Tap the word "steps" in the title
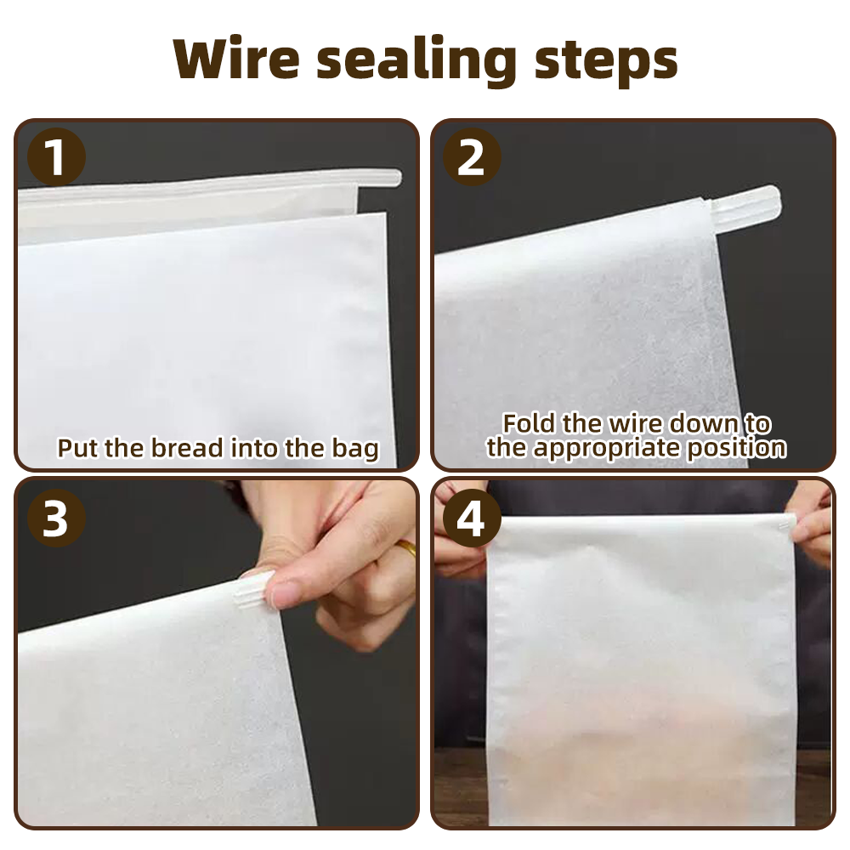pyautogui.click(x=605, y=61)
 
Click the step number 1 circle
pyautogui.click(x=56, y=157)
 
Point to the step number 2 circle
pyautogui.click(x=472, y=157)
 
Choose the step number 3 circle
pyautogui.click(x=56, y=518)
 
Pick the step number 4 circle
pyautogui.click(x=472, y=518)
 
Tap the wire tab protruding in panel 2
pyautogui.click(x=745, y=203)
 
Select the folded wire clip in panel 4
pyautogui.click(x=785, y=524)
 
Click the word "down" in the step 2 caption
pyautogui.click(x=705, y=423)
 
